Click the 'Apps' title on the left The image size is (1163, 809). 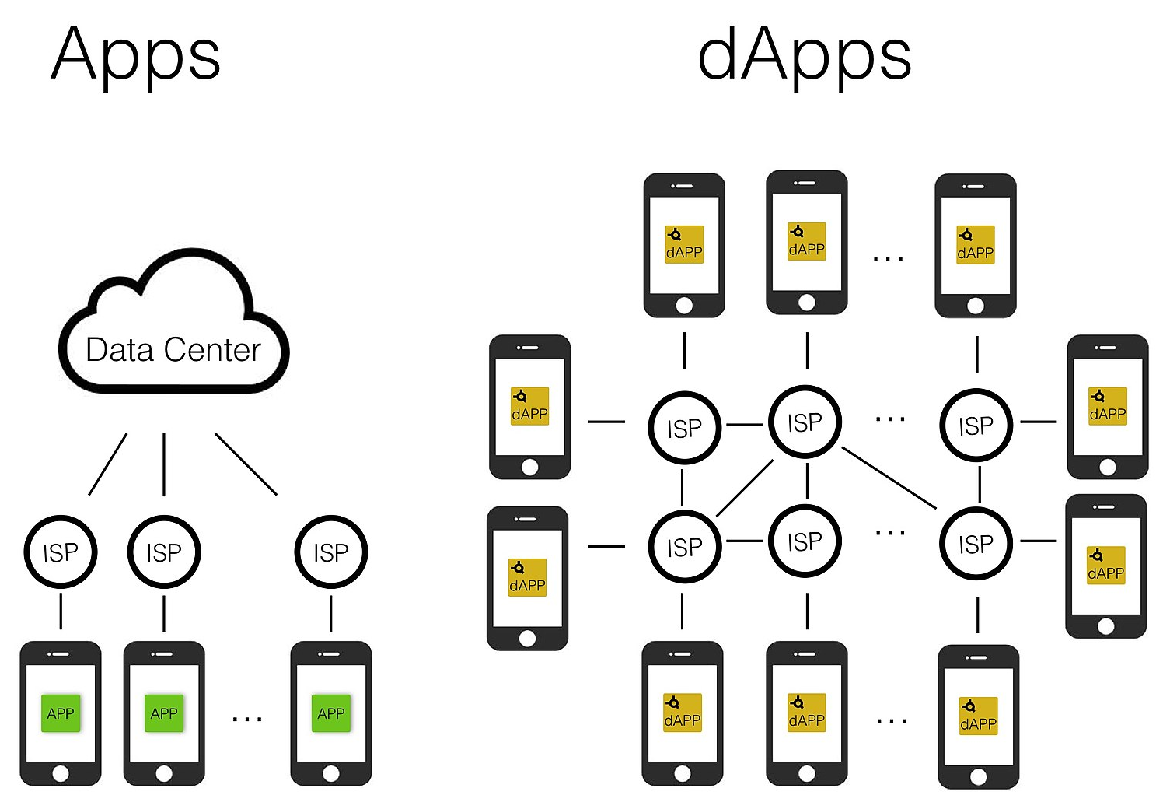coord(136,54)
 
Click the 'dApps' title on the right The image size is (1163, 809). coord(804,54)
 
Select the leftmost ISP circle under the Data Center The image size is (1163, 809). coord(61,552)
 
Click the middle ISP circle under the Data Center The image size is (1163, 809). coord(164,552)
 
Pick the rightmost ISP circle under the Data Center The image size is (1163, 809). coord(331,552)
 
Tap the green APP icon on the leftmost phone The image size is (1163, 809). coord(61,713)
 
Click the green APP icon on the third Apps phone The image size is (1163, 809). coord(331,713)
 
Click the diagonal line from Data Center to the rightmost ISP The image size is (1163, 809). coord(246,464)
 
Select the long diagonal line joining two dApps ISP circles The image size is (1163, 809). coord(889,478)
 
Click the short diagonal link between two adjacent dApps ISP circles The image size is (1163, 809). coord(745,488)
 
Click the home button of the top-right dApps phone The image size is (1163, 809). coord(976,306)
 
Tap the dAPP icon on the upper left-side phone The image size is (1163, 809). coord(529,406)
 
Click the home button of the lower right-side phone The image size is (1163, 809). coord(1106,626)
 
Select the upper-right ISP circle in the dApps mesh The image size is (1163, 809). coord(976,425)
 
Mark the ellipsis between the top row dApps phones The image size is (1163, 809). coord(888,258)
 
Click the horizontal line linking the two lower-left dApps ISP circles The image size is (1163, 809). coord(745,541)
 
